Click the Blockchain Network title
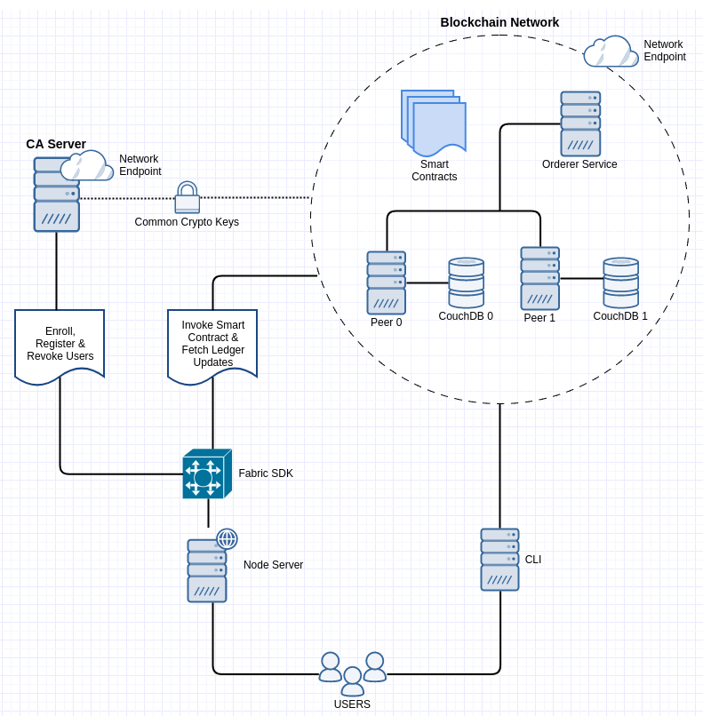tap(499, 22)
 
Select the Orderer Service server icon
tap(580, 123)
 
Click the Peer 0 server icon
tap(387, 282)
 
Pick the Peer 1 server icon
tap(540, 278)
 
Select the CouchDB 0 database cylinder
tap(467, 282)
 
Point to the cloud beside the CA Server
tap(87, 166)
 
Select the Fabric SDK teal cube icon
tap(207, 474)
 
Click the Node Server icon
tap(207, 570)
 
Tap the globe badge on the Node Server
tap(227, 538)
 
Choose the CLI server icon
tap(499, 560)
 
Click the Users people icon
tap(353, 674)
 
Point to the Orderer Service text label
tap(579, 164)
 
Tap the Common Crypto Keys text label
tap(187, 222)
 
